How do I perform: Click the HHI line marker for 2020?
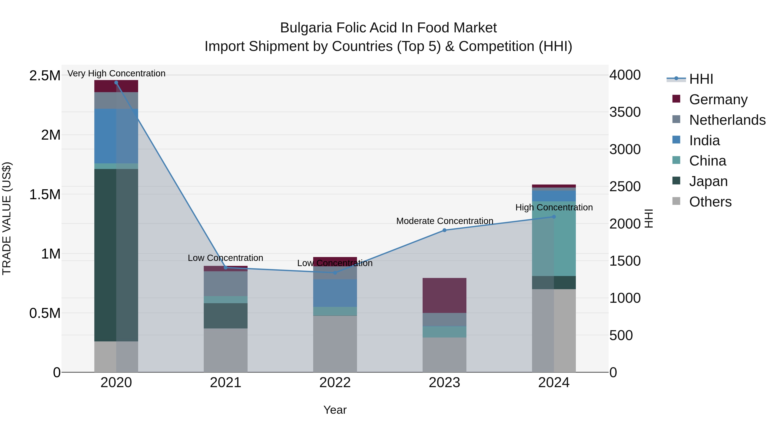[x=116, y=83]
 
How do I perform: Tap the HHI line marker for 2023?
[x=444, y=230]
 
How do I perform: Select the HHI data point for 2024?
[x=554, y=216]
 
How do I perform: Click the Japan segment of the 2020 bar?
[x=116, y=255]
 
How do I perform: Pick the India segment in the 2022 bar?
[x=335, y=293]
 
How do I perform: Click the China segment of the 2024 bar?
[x=554, y=238]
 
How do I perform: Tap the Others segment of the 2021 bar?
[x=226, y=350]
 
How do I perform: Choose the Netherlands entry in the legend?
[x=727, y=120]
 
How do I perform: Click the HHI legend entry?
[x=701, y=79]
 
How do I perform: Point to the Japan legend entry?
[x=708, y=181]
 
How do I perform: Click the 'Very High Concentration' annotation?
[x=116, y=73]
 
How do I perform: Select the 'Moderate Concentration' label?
[x=445, y=221]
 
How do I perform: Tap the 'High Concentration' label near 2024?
[x=554, y=207]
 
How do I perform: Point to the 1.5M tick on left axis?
[x=45, y=194]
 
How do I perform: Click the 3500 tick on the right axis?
[x=625, y=112]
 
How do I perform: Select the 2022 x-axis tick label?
[x=335, y=383]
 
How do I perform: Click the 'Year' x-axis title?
[x=335, y=410]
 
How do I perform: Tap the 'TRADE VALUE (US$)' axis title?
[x=7, y=218]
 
